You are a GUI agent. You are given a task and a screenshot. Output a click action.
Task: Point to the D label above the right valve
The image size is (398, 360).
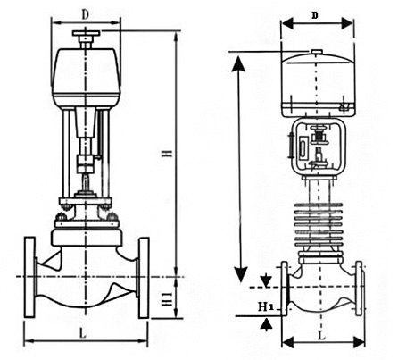point(317,15)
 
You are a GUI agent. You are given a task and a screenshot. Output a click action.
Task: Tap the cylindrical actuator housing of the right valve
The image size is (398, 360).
point(319,86)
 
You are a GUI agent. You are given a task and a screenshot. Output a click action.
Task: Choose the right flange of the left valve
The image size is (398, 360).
point(145,278)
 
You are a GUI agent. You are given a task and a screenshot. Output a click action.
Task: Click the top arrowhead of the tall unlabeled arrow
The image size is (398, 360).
point(238,61)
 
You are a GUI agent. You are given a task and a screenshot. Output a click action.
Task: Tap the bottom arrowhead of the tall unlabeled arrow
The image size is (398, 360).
point(238,272)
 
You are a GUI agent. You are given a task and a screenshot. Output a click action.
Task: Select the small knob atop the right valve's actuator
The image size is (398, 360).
point(319,52)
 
